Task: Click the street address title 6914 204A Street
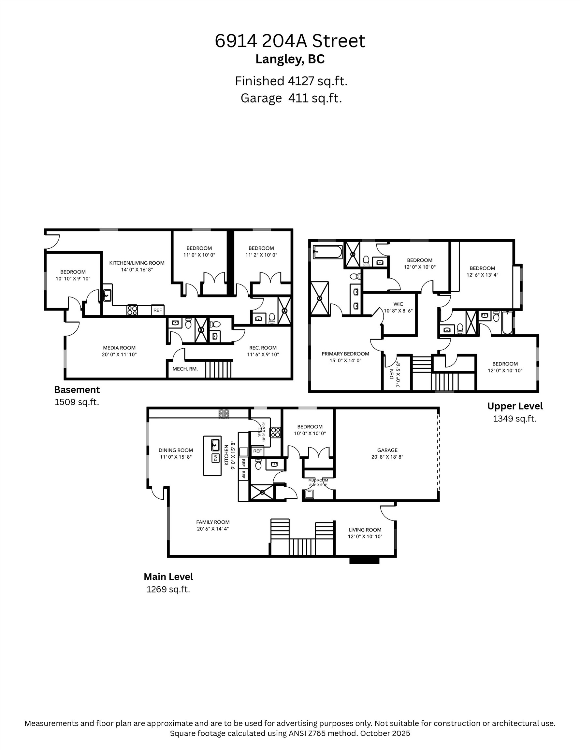[290, 41]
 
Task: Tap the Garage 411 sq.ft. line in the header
[291, 98]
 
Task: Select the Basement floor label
[77, 390]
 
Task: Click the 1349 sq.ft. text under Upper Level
[515, 419]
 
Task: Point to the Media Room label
[119, 348]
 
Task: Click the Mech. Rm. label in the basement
[185, 369]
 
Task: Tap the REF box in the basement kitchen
[157, 310]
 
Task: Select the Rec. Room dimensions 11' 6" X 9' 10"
[263, 354]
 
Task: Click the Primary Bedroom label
[345, 354]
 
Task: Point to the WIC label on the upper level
[398, 304]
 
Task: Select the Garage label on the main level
[387, 450]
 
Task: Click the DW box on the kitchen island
[216, 458]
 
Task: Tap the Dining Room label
[176, 450]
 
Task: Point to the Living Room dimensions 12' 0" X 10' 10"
[365, 536]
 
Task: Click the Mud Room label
[318, 480]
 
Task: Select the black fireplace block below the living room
[364, 560]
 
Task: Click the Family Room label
[213, 522]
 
